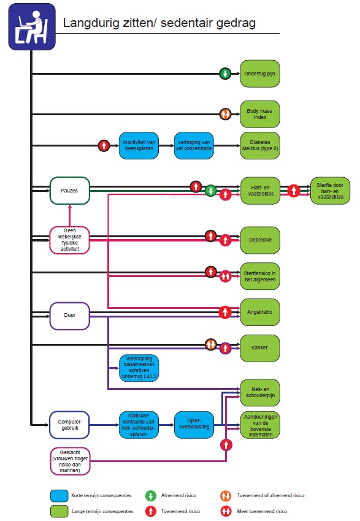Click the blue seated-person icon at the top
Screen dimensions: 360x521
tap(32, 26)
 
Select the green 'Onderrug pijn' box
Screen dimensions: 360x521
tap(260, 74)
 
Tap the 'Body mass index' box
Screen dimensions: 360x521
tap(260, 114)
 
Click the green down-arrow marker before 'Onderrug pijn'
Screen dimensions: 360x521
tap(225, 74)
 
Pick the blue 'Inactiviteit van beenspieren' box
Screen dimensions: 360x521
tap(139, 145)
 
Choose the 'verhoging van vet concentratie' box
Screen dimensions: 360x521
tap(194, 145)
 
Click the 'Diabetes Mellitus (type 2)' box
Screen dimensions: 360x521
tap(260, 145)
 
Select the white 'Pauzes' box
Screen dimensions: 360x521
tap(69, 191)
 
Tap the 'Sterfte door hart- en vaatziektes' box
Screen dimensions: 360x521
tap(330, 191)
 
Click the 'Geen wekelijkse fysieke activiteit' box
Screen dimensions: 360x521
tap(69, 240)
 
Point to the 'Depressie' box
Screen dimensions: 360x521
tap(260, 240)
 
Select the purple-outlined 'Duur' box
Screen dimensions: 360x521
tap(69, 316)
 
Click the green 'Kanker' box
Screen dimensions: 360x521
tap(260, 348)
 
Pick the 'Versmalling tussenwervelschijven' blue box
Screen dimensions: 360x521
tap(139, 368)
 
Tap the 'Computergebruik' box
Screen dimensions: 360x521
tap(69, 425)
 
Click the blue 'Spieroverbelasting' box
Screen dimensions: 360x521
tap(194, 425)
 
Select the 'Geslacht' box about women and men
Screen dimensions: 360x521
tap(70, 461)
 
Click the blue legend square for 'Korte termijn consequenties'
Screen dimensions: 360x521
tap(59, 495)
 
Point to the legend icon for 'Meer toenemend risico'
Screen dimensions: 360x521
tap(226, 511)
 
